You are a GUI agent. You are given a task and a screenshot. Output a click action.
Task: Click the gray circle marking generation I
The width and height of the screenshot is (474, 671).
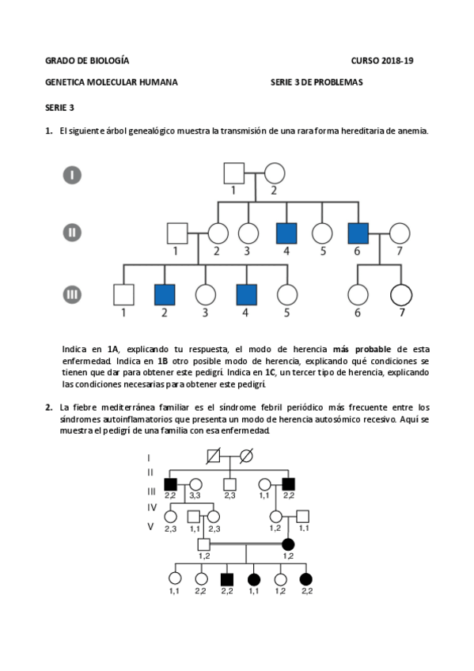72,174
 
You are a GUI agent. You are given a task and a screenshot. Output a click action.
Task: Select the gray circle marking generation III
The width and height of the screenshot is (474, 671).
72,294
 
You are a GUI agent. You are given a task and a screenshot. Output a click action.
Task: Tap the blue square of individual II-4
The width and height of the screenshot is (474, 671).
286,233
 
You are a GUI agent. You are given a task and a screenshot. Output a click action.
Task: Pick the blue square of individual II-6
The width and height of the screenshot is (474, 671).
358,233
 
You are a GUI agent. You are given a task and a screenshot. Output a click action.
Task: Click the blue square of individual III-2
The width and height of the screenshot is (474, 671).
165,294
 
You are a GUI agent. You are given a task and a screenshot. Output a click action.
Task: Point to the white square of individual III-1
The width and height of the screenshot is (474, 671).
123,294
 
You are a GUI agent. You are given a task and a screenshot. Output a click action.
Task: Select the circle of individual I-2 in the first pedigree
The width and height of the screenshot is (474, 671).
274,172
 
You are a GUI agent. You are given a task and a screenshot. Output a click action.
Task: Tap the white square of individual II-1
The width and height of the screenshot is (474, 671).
176,233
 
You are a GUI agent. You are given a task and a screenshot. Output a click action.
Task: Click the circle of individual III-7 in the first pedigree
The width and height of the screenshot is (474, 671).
400,294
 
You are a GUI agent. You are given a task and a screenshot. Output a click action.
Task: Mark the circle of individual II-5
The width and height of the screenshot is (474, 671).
321,233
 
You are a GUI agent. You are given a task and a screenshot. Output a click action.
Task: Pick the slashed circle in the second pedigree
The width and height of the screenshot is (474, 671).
246,456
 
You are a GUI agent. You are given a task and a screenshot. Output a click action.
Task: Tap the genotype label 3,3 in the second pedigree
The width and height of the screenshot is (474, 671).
195,495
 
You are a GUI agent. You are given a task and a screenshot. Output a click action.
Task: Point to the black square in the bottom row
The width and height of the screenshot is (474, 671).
228,578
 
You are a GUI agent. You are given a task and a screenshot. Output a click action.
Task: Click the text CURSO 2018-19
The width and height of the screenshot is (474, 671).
382,61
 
